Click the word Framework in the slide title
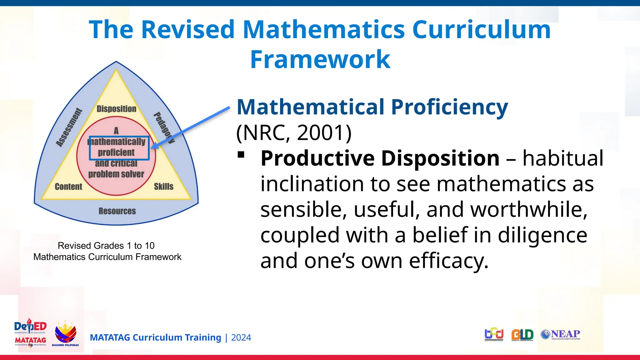coord(320,59)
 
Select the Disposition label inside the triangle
coord(116,109)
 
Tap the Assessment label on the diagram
coord(69,127)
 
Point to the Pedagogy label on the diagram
coord(164,127)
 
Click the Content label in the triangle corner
coord(68,187)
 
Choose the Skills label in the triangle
coord(163,187)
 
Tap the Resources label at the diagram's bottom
coord(117,211)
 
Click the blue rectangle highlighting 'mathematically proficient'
coord(119,148)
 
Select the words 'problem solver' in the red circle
coord(116,174)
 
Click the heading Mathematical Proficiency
coord(372,107)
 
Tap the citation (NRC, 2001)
coord(294,132)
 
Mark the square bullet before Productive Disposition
coord(241,155)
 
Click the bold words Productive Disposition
coord(380,158)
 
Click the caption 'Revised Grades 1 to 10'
coord(106,246)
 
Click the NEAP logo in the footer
coord(560,334)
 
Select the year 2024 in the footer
coord(241,337)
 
